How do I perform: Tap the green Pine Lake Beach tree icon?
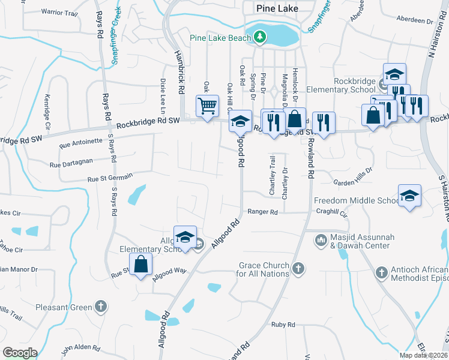pos(259,38)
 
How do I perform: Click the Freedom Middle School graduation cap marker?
pos(410,196)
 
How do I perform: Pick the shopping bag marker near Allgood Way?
pos(140,265)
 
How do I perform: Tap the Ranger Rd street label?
pos(263,212)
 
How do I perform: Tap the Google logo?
pos(20,353)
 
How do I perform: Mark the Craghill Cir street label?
pos(335,213)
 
